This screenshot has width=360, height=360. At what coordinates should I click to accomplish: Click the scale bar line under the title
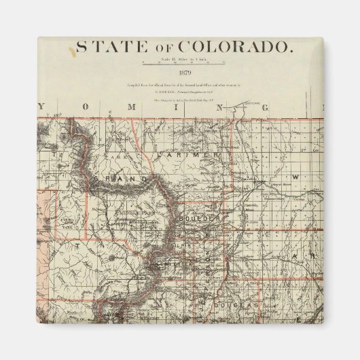184,64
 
